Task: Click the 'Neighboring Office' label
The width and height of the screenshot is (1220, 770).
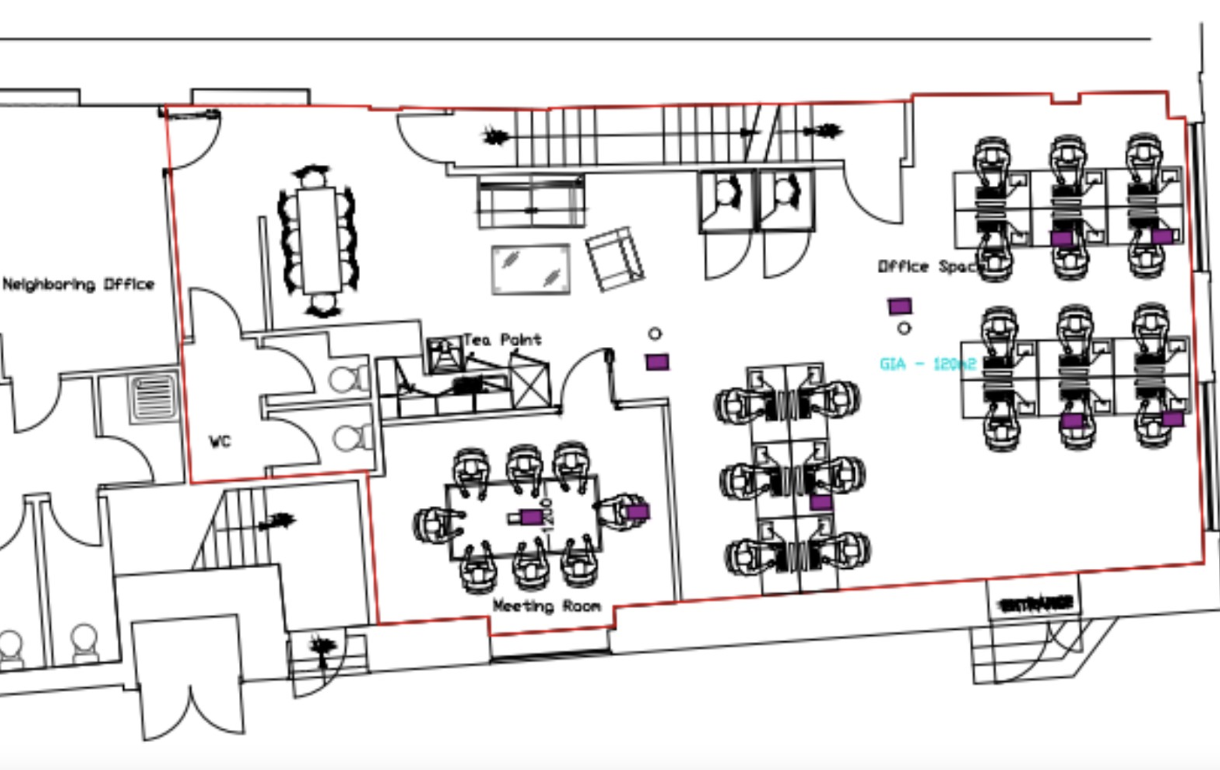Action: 78,284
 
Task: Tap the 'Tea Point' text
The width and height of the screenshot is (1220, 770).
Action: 503,339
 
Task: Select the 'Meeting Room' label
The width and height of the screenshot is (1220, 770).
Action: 546,606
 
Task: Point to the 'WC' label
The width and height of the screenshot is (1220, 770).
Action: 220,441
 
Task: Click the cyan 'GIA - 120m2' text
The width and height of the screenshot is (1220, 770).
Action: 927,364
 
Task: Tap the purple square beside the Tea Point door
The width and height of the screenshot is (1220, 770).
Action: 657,362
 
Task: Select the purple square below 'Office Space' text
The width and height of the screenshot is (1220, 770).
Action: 900,306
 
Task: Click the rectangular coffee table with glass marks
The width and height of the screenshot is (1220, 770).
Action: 531,268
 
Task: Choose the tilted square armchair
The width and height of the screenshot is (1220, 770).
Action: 615,259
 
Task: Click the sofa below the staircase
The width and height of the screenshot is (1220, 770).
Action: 531,202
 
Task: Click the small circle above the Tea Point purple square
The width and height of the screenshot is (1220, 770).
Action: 655,334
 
